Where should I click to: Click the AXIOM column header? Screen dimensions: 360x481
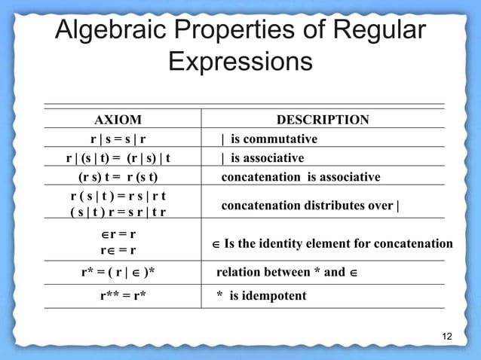click(117, 120)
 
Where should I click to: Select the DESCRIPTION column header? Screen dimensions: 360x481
click(323, 120)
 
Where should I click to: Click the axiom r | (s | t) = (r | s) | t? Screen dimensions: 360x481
click(118, 158)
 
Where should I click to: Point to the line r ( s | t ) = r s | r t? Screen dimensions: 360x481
click(118, 196)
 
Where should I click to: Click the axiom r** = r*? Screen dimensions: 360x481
click(123, 295)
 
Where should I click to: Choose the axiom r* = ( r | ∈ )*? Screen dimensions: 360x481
click(123, 272)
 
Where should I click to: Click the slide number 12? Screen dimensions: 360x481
click(447, 335)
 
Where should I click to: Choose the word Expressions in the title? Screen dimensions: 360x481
click(240, 61)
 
